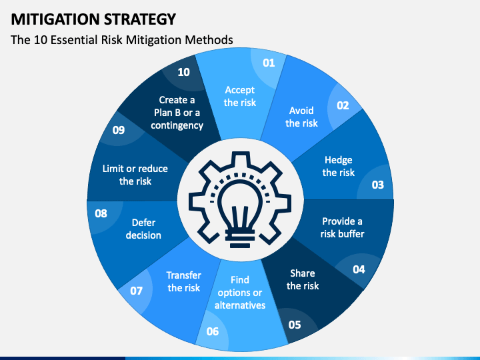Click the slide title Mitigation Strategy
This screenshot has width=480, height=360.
click(x=93, y=18)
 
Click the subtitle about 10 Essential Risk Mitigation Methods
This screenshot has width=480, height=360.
click(x=122, y=39)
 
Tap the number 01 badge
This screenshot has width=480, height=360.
click(x=269, y=63)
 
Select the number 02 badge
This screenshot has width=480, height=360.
click(x=343, y=105)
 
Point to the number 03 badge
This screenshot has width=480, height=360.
click(x=377, y=185)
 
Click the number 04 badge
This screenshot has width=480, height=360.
click(x=359, y=269)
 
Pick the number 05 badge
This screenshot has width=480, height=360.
click(x=294, y=325)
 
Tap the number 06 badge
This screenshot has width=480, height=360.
click(x=213, y=331)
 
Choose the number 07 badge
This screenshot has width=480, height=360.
click(x=137, y=291)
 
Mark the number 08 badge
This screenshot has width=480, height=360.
click(x=101, y=214)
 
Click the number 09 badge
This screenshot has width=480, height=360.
click(x=119, y=130)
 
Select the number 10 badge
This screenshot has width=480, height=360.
click(x=183, y=72)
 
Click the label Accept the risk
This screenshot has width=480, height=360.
click(x=240, y=96)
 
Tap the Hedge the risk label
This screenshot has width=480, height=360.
click(x=339, y=166)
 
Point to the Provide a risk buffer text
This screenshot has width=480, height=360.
click(x=342, y=227)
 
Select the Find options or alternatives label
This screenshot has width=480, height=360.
click(x=240, y=293)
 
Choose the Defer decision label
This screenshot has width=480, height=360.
click(x=144, y=229)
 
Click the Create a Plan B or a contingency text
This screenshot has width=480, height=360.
click(x=177, y=113)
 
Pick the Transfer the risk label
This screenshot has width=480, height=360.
click(x=184, y=281)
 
